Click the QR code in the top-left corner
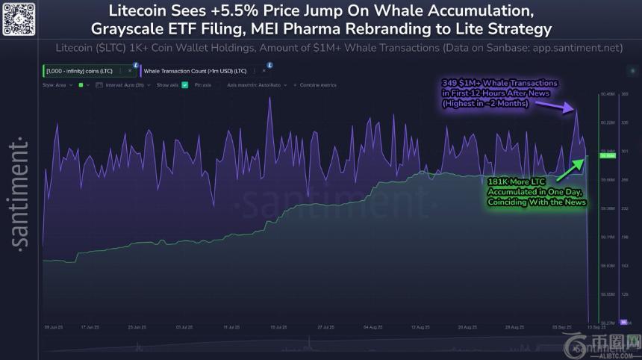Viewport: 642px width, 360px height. tap(18, 18)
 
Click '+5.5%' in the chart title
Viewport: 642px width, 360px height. tap(240, 12)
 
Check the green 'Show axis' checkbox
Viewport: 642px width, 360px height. tap(184, 85)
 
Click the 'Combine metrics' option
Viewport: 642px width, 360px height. tap(317, 85)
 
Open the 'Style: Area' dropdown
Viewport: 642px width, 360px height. tap(57, 85)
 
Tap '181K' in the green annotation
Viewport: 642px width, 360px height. tap(499, 181)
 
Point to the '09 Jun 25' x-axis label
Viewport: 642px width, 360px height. tap(54, 327)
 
